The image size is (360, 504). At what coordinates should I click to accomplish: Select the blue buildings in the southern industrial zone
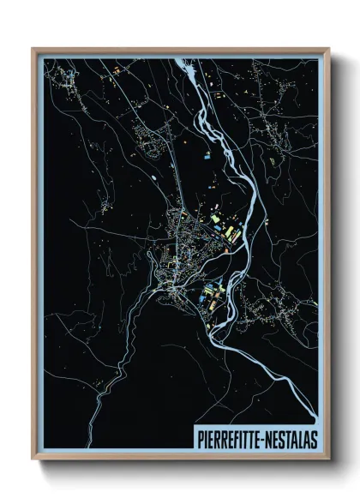point(208,300)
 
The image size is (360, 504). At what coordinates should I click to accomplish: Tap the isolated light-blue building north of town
point(207,157)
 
